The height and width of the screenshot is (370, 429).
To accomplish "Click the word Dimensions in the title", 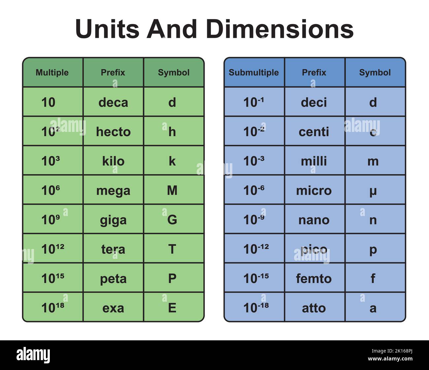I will pyautogui.click(x=280, y=29).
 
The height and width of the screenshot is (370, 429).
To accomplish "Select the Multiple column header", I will pyautogui.click(x=52, y=73).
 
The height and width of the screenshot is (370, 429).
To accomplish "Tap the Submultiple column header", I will pyautogui.click(x=253, y=73).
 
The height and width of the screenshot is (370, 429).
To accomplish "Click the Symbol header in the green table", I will pyautogui.click(x=174, y=73).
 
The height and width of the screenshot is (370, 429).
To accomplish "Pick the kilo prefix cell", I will pyautogui.click(x=113, y=161).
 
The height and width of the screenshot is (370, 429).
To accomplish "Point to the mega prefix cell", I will pyautogui.click(x=113, y=191).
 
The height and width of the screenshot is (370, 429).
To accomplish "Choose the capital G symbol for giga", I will pyautogui.click(x=172, y=220).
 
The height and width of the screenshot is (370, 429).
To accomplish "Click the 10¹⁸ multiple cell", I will pyautogui.click(x=53, y=308).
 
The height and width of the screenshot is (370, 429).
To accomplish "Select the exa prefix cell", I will pyautogui.click(x=113, y=308).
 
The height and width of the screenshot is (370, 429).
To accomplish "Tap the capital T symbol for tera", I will pyautogui.click(x=172, y=249).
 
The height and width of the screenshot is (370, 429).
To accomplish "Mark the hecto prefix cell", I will pyautogui.click(x=113, y=132).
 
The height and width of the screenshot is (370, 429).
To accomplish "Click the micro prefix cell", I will pyautogui.click(x=314, y=191).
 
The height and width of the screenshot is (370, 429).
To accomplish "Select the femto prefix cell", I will pyautogui.click(x=314, y=279).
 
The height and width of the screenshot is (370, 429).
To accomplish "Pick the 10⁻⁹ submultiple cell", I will pyautogui.click(x=254, y=220).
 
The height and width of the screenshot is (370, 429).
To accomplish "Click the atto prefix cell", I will pyautogui.click(x=314, y=308).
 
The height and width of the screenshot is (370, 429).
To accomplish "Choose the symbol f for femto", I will pyautogui.click(x=373, y=279).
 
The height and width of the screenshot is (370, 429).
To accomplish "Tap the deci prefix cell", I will pyautogui.click(x=314, y=103).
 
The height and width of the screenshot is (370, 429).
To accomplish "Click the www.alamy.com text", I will pyautogui.click(x=390, y=359).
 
